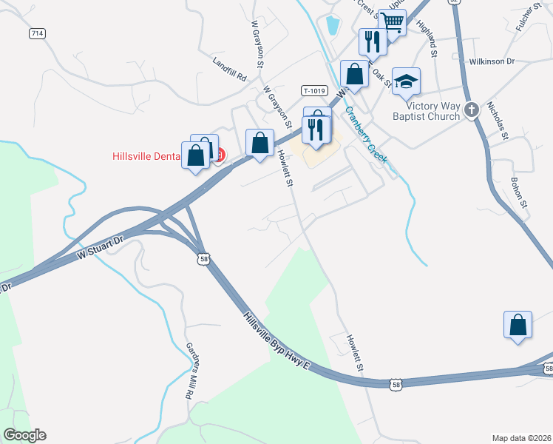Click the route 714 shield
[37, 34]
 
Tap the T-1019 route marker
[314, 90]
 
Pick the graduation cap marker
[406, 81]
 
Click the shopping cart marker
[393, 24]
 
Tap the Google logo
[24, 435]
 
